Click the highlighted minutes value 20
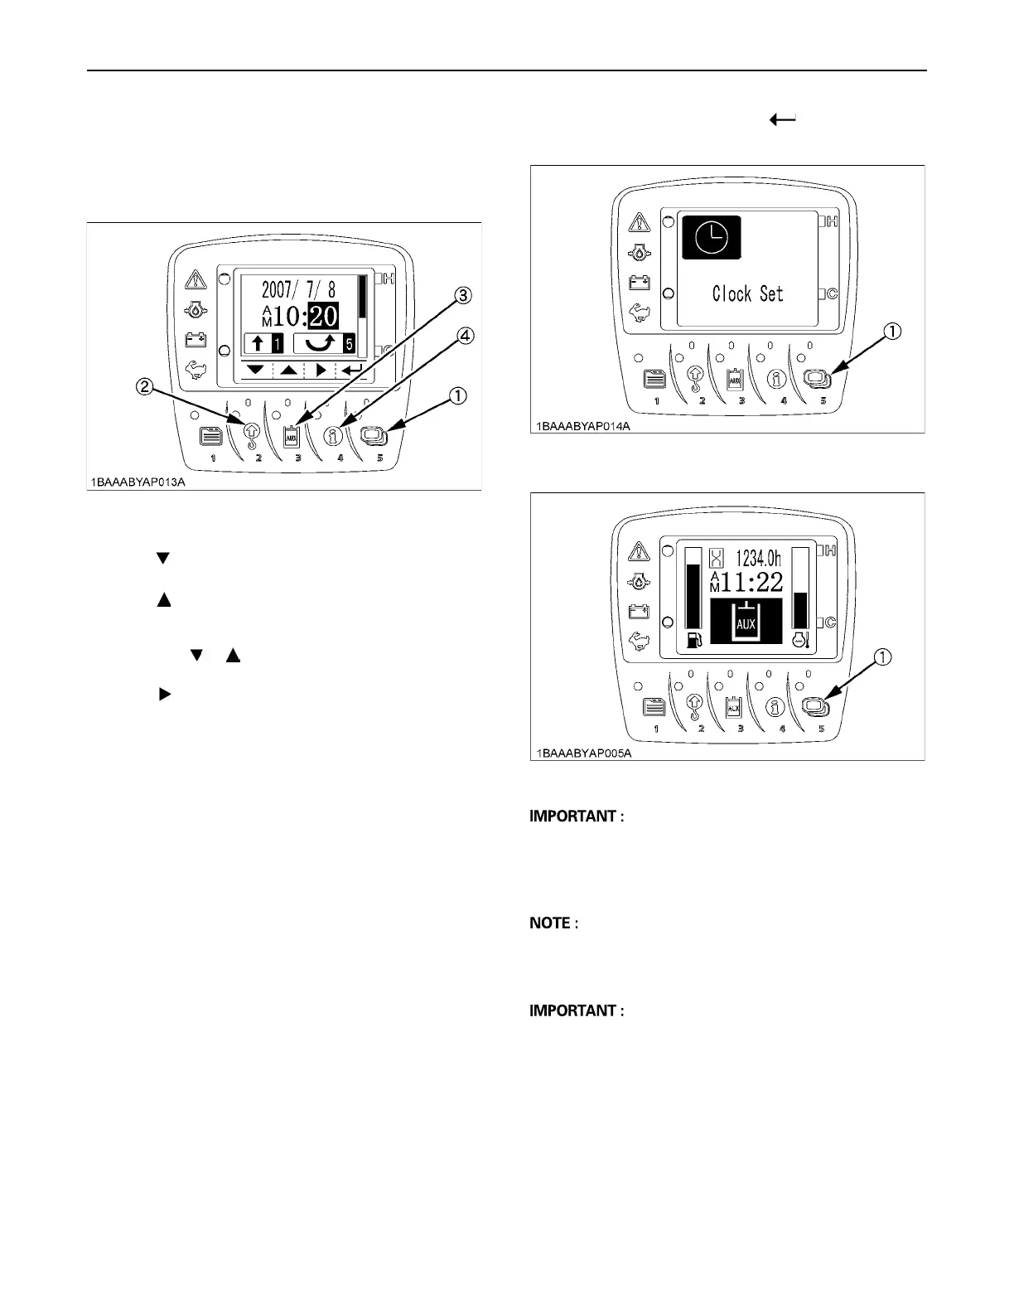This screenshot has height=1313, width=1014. coord(323,316)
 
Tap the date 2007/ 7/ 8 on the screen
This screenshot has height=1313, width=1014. coord(299,290)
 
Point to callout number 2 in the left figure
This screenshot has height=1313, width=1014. coord(143,385)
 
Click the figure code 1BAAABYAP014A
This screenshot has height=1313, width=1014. coord(582,425)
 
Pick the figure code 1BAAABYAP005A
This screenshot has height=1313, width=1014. coord(582,753)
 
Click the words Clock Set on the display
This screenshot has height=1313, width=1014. coord(747,293)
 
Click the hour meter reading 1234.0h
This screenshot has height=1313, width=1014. coord(758,558)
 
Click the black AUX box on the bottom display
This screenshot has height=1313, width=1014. coord(746,624)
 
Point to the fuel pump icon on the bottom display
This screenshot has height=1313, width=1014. coord(693,640)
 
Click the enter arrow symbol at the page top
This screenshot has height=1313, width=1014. coord(783,119)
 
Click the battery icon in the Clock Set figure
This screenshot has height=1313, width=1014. coord(640,283)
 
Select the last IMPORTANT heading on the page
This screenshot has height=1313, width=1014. coord(572,1011)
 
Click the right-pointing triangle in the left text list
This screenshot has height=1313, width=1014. coord(163,695)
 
